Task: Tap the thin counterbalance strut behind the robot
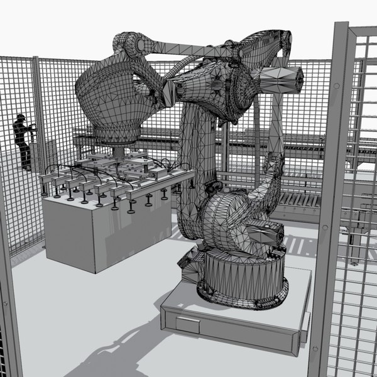click(275, 126)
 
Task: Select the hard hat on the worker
click(21, 117)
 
